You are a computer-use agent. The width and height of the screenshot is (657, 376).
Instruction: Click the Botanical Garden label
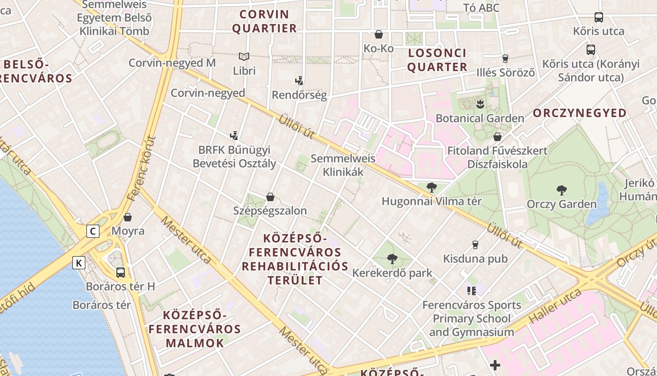tap(480, 118)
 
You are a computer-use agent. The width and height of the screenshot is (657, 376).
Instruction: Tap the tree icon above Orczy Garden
tap(561, 190)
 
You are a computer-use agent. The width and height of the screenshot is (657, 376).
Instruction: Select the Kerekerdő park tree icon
tap(392, 258)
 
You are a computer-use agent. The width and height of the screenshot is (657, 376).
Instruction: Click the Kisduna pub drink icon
tap(475, 245)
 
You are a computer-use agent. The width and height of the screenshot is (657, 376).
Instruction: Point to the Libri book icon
tap(244, 57)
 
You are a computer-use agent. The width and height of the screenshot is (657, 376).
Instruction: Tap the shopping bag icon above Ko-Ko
tap(379, 34)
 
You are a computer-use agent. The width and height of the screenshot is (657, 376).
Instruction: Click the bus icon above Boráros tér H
tap(121, 272)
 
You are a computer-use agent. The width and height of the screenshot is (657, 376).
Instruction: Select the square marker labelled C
tap(93, 231)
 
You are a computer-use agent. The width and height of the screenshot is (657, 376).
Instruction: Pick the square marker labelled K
tap(79, 263)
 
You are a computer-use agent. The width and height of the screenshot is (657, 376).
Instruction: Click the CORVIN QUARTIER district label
tap(265, 21)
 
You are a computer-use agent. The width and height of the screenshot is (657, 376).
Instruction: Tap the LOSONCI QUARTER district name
tap(437, 60)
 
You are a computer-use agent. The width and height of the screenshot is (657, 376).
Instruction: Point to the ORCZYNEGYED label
tap(580, 113)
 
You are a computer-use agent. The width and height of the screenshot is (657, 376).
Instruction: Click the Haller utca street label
tap(555, 306)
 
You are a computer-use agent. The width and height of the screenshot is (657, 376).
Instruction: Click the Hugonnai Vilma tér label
tap(431, 201)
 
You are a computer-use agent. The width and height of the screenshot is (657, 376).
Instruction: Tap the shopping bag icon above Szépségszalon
tap(270, 196)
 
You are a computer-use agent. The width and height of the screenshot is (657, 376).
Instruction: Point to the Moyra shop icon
tap(128, 217)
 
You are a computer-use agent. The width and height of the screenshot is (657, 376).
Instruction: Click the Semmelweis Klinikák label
tap(343, 165)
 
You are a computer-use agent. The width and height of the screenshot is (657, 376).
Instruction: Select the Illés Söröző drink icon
tap(505, 59)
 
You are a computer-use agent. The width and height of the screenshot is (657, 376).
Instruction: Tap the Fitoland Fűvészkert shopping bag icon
tap(497, 137)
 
